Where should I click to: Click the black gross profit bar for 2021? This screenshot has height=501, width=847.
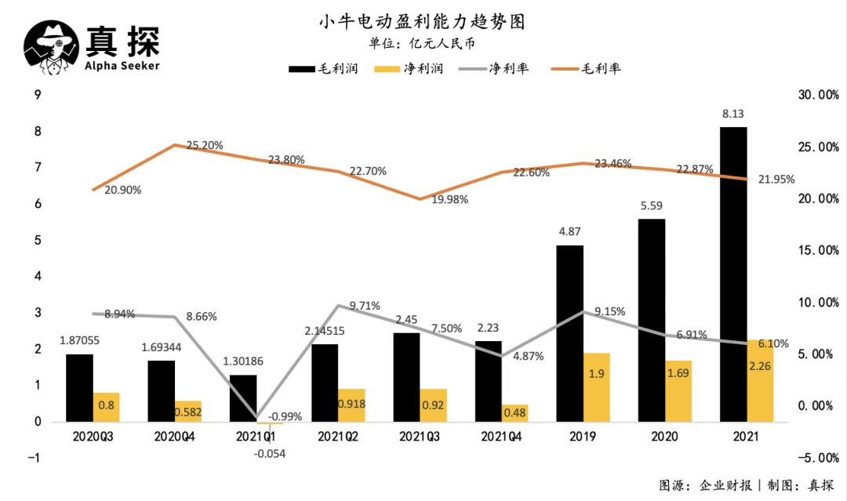[734, 274]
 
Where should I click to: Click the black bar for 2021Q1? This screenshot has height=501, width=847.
[243, 398]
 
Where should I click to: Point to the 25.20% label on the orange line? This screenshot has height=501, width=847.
[205, 145]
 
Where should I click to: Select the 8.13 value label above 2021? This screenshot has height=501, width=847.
[734, 114]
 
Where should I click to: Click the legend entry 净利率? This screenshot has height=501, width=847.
[493, 69]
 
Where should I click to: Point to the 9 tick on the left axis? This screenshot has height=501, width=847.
[37, 95]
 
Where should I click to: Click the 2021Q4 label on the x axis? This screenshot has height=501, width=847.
[501, 436]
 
